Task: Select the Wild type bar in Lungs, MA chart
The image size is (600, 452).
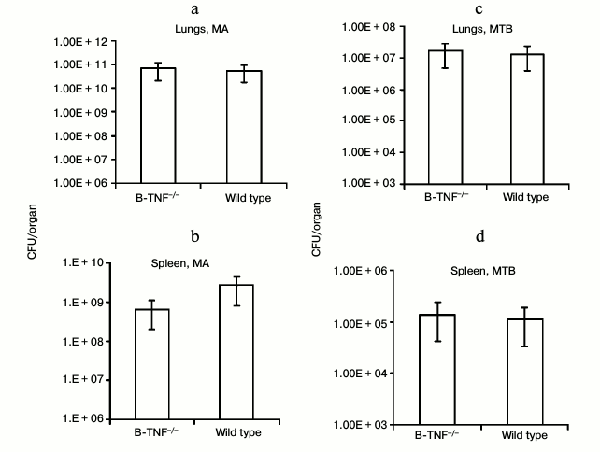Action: (x=231, y=127)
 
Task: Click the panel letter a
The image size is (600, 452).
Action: (x=221, y=11)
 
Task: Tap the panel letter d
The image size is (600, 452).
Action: (x=480, y=236)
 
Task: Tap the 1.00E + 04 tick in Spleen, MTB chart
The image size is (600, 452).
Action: (x=368, y=373)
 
